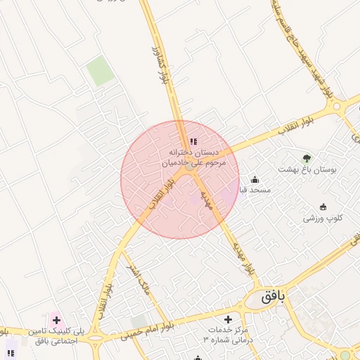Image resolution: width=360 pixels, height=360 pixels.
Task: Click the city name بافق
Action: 274,296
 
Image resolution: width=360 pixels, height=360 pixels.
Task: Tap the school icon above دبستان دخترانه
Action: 193,142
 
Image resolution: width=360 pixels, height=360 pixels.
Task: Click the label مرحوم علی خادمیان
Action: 193,162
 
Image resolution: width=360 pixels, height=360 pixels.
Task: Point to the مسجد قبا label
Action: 255,190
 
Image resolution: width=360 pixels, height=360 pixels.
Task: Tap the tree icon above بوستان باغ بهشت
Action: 306,158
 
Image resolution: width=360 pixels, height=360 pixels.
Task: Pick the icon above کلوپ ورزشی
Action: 323,207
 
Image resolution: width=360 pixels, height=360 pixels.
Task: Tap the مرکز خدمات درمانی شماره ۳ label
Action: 226,334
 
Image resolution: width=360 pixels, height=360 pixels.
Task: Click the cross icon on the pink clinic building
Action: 56,320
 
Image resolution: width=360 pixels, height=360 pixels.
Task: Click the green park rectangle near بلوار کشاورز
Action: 100,71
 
